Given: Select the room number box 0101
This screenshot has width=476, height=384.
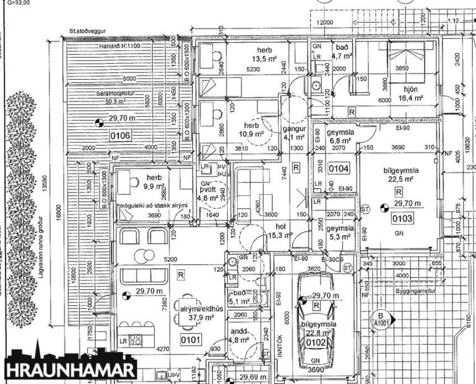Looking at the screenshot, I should [191, 339].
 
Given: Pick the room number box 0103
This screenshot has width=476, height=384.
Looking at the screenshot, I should [403, 218].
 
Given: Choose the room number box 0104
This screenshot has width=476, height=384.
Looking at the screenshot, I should [339, 168].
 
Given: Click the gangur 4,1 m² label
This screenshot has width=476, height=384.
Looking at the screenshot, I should [295, 133].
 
